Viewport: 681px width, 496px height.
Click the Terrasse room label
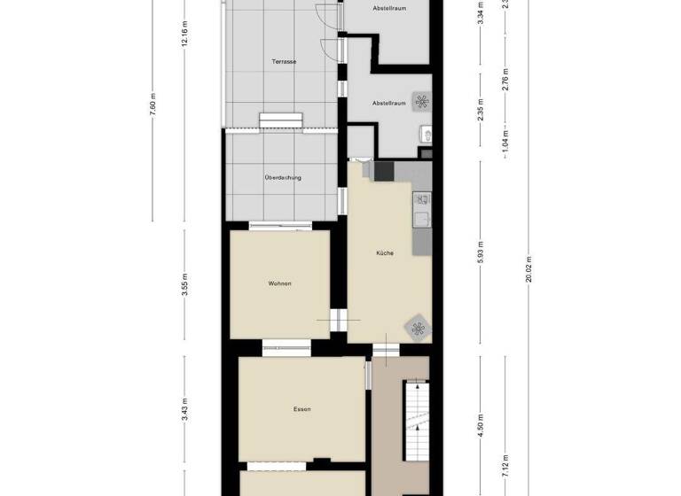click(284, 61)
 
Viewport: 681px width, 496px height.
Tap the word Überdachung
click(283, 177)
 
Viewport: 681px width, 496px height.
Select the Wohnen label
click(280, 283)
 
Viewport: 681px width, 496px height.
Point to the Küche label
click(385, 253)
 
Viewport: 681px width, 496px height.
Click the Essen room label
click(301, 409)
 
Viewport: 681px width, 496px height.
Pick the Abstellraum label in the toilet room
click(388, 103)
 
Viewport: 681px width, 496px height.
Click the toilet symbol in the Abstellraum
click(426, 135)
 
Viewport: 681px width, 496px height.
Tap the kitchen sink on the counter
click(421, 218)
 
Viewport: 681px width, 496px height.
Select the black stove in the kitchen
click(384, 171)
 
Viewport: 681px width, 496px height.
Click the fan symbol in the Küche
click(417, 327)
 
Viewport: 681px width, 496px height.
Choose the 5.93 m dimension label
click(480, 252)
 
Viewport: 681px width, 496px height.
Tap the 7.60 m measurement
click(153, 107)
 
